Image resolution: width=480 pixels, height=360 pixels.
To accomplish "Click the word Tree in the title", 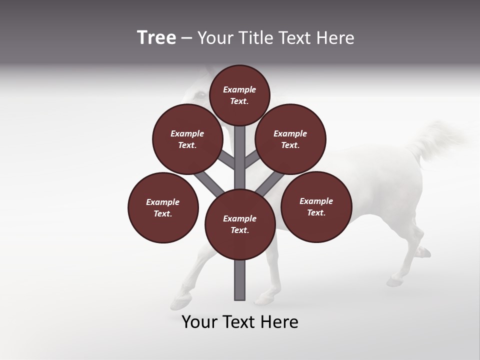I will pos(156,37).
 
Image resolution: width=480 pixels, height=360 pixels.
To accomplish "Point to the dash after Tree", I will pos(187,38).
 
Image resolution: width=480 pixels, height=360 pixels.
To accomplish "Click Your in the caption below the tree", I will pos(200,322).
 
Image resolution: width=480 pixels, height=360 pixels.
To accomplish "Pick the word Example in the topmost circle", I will pos(239,90).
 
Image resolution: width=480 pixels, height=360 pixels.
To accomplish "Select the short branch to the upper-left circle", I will pos(228,161).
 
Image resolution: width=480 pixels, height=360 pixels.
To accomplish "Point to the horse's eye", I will pos(200,95).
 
